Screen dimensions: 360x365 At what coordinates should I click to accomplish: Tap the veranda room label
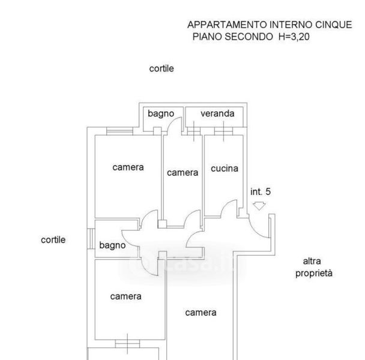coord(217,113)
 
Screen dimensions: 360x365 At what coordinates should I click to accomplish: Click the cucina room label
coord(224,169)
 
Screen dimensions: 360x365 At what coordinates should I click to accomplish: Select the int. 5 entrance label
coord(261,192)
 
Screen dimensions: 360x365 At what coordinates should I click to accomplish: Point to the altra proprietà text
coord(313,267)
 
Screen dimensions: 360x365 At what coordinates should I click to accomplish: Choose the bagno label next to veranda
coord(161,113)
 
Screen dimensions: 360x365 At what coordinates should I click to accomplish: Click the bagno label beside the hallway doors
coord(112,245)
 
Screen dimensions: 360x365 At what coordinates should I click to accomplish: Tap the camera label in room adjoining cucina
coord(182,172)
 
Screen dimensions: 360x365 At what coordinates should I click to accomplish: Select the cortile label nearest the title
coord(161,68)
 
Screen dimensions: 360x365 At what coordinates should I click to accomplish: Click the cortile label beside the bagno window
coord(53,239)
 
